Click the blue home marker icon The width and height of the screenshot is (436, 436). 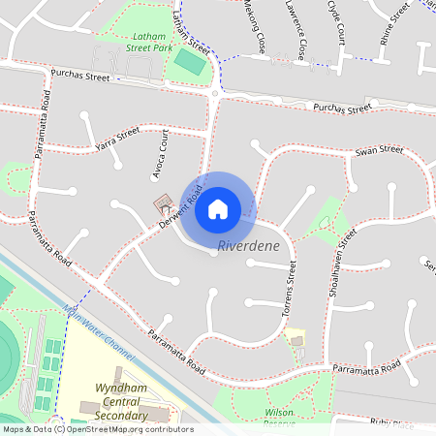click(x=218, y=207)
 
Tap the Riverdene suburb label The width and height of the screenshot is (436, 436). click(x=249, y=246)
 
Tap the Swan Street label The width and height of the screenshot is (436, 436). click(x=379, y=150)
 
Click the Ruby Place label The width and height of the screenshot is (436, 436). click(x=392, y=423)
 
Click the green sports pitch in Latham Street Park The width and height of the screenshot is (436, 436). click(x=189, y=62)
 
